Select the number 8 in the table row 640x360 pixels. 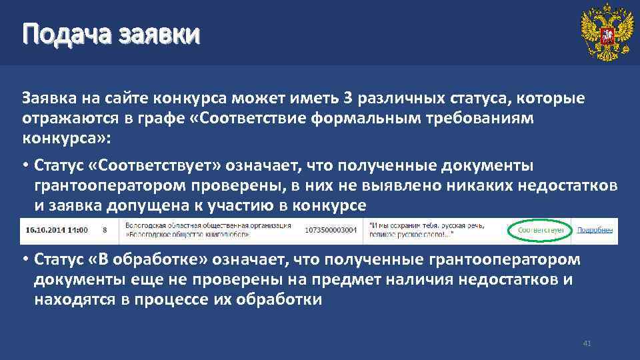[105, 230]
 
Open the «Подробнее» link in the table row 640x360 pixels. [595, 230]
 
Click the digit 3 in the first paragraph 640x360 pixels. [347, 99]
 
